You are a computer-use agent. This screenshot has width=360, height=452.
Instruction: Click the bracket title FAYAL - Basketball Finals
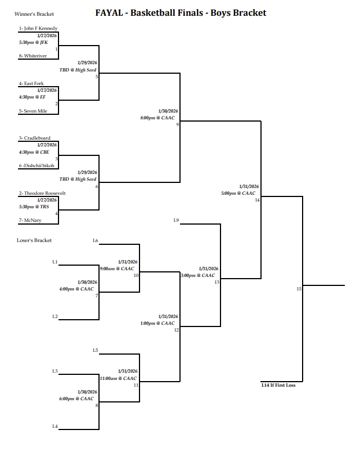point(181,12)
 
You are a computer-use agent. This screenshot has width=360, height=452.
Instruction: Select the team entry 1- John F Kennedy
point(38,28)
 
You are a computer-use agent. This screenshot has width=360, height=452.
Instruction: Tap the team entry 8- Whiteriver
point(32,56)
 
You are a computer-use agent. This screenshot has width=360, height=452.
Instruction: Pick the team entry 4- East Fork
point(31,83)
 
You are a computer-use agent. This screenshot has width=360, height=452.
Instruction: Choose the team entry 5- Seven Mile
point(33,111)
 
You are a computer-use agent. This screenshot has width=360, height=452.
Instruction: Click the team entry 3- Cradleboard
point(34,138)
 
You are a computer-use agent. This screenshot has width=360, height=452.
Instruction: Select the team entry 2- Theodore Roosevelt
point(42,193)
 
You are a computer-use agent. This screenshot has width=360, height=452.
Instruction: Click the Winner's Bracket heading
point(30,14)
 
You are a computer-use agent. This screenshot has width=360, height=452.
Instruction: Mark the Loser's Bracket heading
point(34,240)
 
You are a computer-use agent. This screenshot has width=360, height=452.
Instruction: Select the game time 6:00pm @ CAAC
point(76,399)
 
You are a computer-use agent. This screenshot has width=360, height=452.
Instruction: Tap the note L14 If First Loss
point(278,386)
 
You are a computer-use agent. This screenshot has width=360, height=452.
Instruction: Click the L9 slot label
point(176,220)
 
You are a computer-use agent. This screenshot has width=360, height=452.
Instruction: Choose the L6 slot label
point(96,241)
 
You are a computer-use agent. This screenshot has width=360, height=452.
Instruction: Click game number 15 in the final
point(299,289)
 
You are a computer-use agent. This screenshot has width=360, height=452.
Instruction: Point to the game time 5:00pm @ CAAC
point(238,193)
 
